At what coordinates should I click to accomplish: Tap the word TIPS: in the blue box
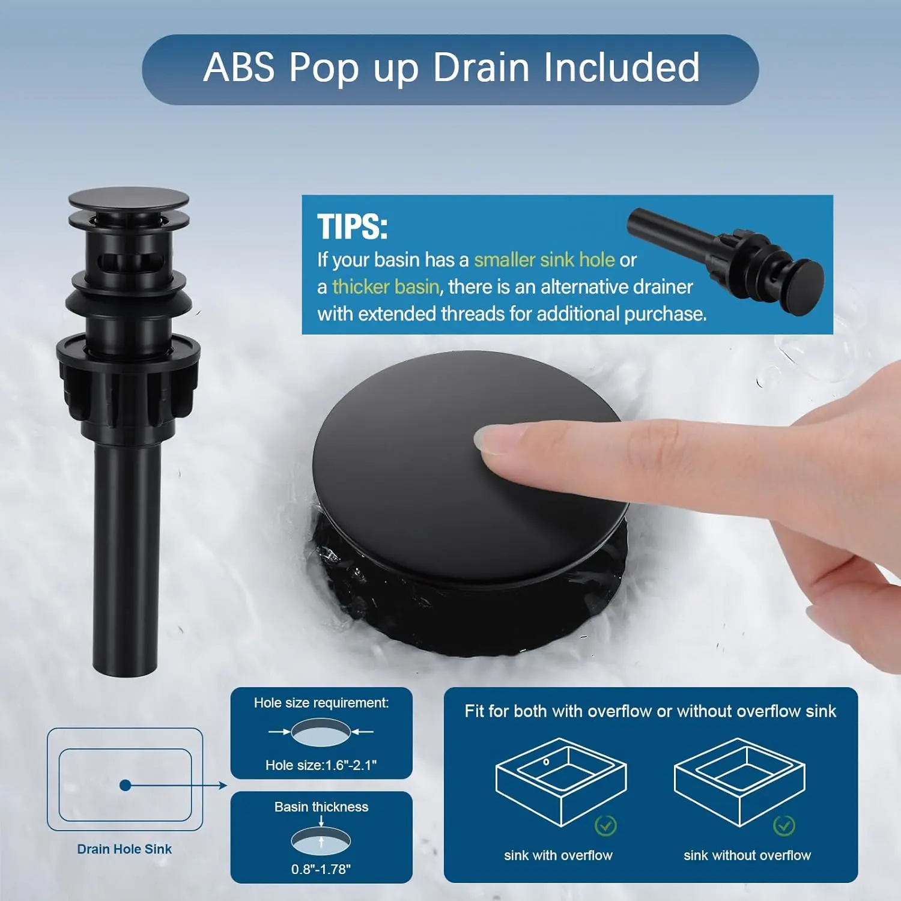click(353, 227)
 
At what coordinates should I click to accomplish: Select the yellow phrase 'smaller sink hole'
click(544, 259)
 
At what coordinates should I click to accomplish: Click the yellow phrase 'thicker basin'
click(386, 287)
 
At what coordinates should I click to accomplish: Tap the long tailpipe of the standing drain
click(126, 559)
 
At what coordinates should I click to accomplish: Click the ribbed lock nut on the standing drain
click(128, 378)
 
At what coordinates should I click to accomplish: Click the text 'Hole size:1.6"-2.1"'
click(321, 765)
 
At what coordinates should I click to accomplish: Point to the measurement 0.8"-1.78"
click(321, 869)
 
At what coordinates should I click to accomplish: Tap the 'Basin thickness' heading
click(321, 807)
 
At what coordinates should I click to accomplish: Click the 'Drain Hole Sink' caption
click(124, 849)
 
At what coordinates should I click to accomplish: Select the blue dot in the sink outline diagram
click(125, 785)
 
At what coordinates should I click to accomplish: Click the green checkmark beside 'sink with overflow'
click(605, 825)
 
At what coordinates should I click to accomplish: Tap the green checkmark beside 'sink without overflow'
click(784, 825)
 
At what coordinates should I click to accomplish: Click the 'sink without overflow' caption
click(747, 855)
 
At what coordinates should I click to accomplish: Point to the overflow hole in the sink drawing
click(546, 762)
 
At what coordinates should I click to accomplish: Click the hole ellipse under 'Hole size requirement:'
click(321, 732)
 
